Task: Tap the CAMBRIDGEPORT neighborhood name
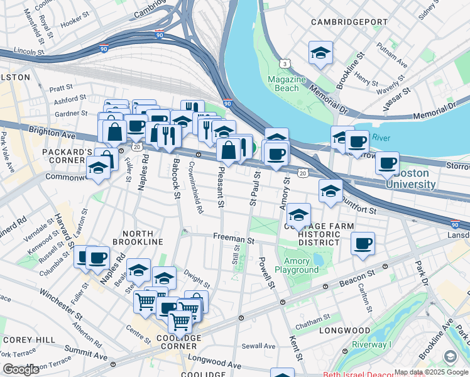point(352,21)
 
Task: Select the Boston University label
point(410,179)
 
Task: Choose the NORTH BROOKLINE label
point(138,241)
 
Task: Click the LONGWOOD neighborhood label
point(344,331)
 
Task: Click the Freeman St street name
point(233,240)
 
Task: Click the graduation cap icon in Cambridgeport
point(320,53)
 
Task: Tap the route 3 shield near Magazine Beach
point(285,63)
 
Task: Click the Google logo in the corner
point(20,369)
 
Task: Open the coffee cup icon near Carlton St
point(362,243)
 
